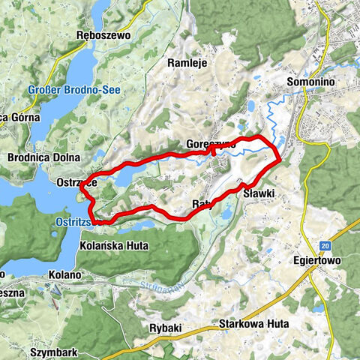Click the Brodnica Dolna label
[37, 159]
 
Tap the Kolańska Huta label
[112, 245]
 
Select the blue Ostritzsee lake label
[74, 222]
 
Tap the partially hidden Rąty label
[199, 204]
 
